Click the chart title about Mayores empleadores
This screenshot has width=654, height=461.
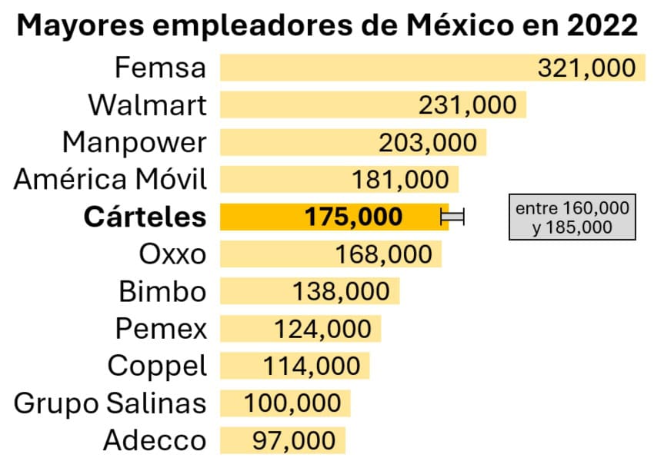(x=327, y=25)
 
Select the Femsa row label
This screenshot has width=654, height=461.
(x=161, y=68)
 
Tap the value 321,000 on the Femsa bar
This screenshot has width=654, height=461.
(x=587, y=68)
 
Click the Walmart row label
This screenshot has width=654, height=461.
(x=147, y=104)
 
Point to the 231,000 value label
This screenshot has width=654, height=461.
(x=468, y=104)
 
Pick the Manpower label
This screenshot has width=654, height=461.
(x=135, y=142)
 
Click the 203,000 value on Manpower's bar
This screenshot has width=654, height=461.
(x=428, y=142)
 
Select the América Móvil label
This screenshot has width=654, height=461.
(x=111, y=180)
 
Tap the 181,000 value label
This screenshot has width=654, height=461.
(x=400, y=180)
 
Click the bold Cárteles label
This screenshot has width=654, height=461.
(x=145, y=217)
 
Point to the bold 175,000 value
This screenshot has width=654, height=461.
(x=353, y=217)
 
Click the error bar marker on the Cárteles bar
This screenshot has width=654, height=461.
(x=452, y=217)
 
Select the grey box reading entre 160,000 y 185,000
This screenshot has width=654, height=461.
(x=572, y=217)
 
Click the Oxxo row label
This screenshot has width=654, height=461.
(x=172, y=254)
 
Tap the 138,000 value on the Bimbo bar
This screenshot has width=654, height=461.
(x=342, y=291)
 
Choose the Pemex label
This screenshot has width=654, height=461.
(x=161, y=329)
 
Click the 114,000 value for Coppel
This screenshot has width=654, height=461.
(x=312, y=366)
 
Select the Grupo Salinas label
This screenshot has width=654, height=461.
(x=111, y=403)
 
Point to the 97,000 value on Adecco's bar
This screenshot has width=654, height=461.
(x=294, y=440)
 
